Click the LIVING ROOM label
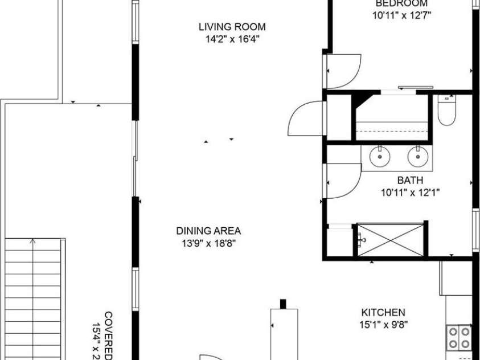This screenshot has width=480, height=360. click(x=232, y=27)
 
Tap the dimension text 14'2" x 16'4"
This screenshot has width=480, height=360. click(x=232, y=39)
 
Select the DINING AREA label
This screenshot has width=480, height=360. click(x=208, y=231)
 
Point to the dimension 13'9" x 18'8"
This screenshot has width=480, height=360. click(x=208, y=243)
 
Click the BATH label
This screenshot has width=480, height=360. click(x=410, y=181)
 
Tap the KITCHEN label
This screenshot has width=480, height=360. click(x=383, y=312)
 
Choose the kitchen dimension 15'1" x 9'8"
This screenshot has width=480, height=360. click(x=383, y=325)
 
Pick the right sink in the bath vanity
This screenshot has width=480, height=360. click(x=416, y=155)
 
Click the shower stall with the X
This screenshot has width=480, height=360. click(x=390, y=239)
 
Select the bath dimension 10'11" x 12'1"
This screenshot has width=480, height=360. click(x=410, y=193)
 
